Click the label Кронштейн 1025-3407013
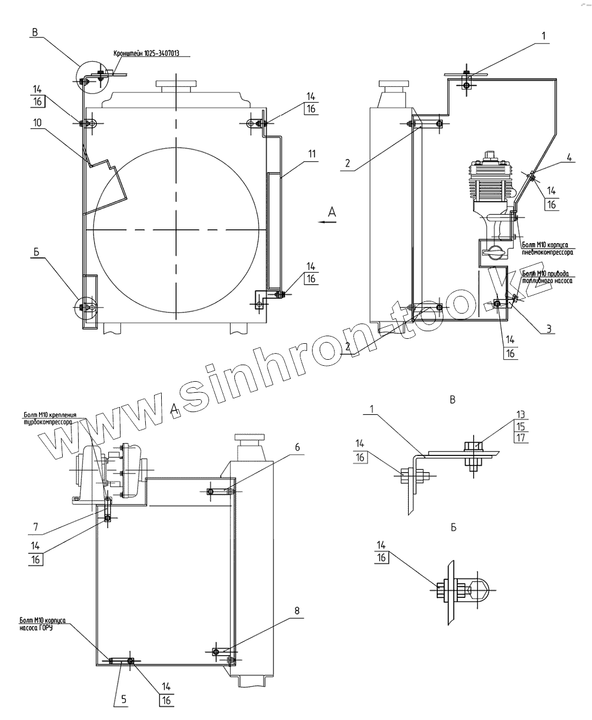pos(146,54)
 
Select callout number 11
pos(312,153)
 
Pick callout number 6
pos(297,447)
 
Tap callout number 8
pos(297,610)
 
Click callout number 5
pos(124,700)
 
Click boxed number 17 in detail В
pos(520,438)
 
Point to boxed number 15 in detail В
pos(520,426)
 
